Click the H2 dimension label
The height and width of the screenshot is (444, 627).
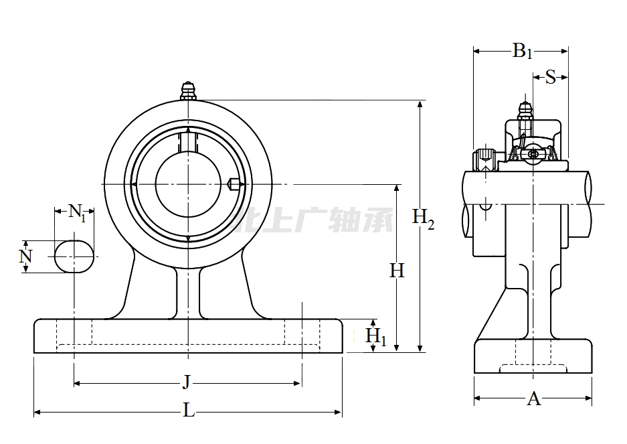point(423,218)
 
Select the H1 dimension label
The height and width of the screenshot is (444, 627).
point(376,336)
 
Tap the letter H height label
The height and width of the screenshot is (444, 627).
point(397,271)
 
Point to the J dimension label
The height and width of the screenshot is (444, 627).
point(187,383)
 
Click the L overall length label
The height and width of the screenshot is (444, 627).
point(189,411)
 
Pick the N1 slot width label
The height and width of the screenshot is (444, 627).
point(78,214)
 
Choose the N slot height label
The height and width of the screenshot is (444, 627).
point(25,256)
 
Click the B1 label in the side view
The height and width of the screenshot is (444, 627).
point(522,51)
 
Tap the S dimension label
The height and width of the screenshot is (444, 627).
point(550,77)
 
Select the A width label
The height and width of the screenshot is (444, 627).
point(533,399)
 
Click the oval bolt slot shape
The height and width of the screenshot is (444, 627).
point(73,256)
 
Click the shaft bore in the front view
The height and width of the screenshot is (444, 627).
point(187,184)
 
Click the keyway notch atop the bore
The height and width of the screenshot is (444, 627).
point(188,141)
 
